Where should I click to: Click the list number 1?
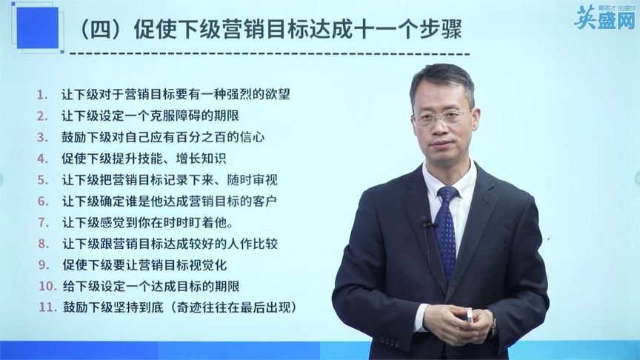click(42, 95)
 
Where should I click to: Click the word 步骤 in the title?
click(443, 31)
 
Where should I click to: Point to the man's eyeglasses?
click(442, 118)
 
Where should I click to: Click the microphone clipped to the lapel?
click(425, 221)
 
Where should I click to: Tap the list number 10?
click(46, 286)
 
